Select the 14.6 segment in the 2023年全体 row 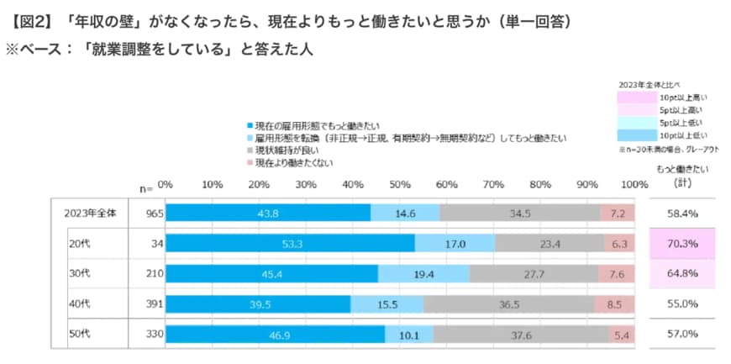tap(405, 214)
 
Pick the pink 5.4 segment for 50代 tap(622, 335)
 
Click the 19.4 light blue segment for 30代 tap(423, 274)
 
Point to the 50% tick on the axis tap(400, 184)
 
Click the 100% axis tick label tap(630, 184)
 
